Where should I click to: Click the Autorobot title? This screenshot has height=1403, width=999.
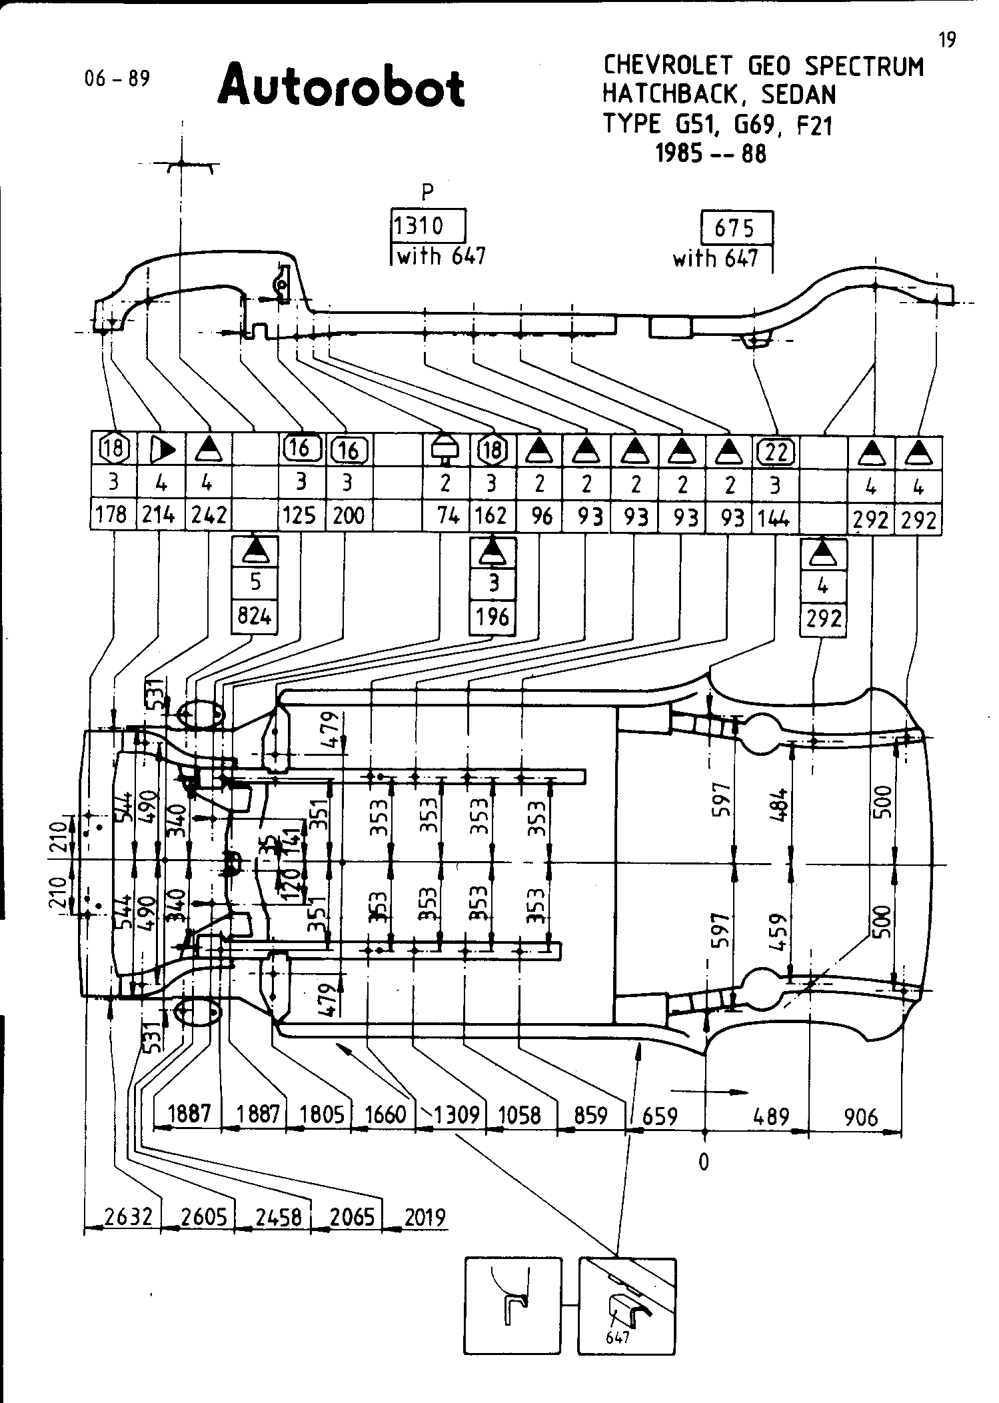[x=341, y=86]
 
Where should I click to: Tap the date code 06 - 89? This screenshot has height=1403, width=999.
[x=117, y=79]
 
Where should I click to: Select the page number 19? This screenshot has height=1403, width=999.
[x=947, y=41]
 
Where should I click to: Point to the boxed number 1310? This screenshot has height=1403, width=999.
[x=419, y=227]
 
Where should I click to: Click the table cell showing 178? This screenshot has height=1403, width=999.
[x=112, y=515]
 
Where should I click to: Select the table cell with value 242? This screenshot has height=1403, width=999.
[x=209, y=515]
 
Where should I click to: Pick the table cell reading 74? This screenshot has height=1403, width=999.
[x=447, y=515]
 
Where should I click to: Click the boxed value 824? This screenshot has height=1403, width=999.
[x=255, y=616]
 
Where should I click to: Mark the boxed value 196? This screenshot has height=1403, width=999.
[x=493, y=617]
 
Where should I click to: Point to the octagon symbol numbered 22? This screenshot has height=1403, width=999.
[x=776, y=453]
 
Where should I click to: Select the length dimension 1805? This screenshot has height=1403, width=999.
[x=321, y=1114]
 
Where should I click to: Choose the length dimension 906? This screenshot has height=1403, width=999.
[x=861, y=1116]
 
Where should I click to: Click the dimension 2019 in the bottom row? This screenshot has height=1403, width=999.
[x=425, y=1217]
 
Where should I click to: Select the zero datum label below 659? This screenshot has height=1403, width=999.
[x=704, y=1161]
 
